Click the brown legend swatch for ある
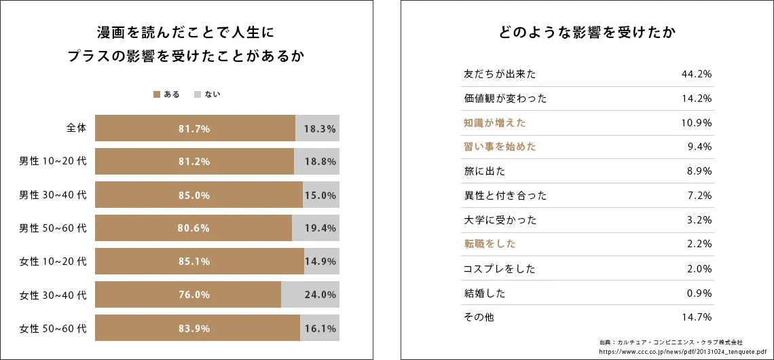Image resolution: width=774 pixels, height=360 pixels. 156,94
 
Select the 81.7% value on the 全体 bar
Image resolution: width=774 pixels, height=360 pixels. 194,128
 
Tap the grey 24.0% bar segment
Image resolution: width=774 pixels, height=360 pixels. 310,295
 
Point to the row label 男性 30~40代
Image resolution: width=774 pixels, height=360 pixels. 53,195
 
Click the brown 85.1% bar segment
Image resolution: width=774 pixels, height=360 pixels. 200,262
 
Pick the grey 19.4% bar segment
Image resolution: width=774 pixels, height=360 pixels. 316,228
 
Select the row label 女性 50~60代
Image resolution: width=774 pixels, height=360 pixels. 53,329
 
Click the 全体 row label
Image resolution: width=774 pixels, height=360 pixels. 76,128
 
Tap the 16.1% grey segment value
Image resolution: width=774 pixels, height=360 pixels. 320,329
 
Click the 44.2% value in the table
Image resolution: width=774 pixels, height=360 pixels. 696,74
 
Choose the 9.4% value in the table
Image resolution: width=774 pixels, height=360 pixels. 699,147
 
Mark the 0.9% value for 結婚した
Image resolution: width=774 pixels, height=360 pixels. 699,293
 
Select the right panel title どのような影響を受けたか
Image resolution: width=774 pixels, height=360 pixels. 587,33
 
